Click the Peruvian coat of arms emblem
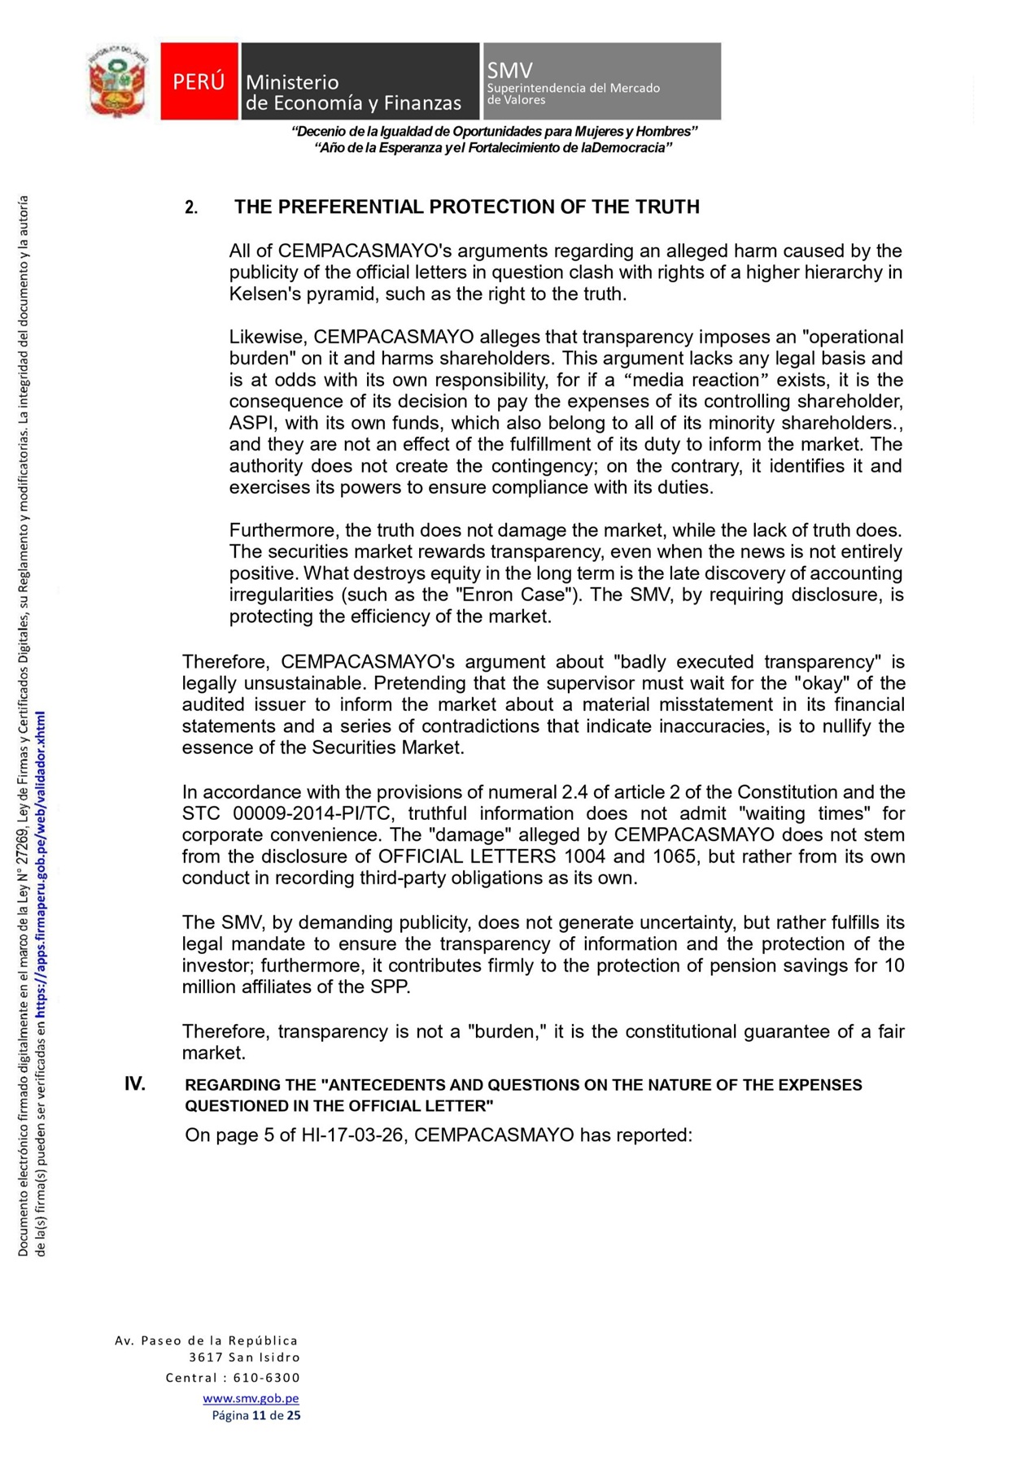118,81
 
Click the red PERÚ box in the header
199,81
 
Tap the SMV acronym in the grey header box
509,70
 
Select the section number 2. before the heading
191,207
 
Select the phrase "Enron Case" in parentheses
515,595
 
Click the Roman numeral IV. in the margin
135,1083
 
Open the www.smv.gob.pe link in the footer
251,1398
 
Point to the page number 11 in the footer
260,1415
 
